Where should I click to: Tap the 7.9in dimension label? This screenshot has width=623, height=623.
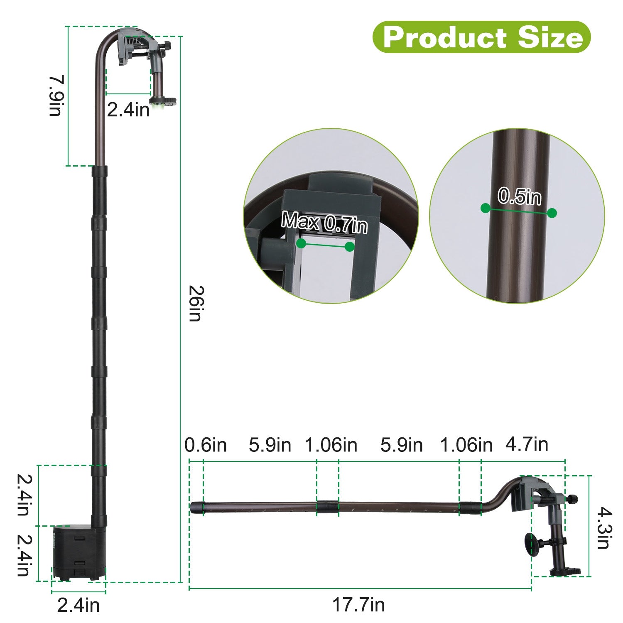[56, 96]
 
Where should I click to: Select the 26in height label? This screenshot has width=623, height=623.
[195, 303]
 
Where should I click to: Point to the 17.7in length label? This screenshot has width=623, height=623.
[358, 605]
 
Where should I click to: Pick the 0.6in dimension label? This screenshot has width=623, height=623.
[206, 445]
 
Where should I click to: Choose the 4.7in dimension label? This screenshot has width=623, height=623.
[527, 444]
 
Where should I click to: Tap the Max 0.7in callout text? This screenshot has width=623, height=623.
[324, 222]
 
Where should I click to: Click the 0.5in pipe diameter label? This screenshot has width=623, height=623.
[520, 196]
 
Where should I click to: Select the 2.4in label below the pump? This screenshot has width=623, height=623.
[78, 606]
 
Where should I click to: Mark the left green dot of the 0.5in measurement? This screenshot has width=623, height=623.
[485, 208]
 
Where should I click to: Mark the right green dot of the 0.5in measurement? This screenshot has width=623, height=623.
[552, 213]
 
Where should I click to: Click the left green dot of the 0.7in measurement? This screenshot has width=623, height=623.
[302, 243]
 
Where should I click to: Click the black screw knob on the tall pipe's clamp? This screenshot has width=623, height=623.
[168, 45]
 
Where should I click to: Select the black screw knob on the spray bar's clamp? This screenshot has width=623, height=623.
[574, 499]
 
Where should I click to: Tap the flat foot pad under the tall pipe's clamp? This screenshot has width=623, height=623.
[164, 101]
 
